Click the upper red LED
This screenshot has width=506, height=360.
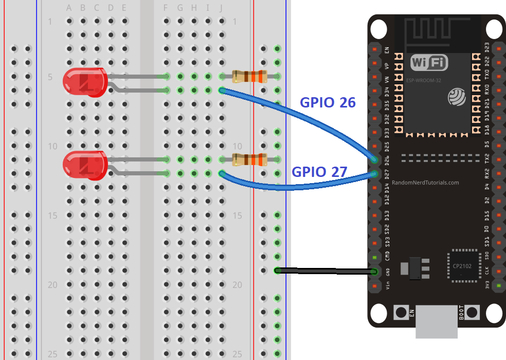pyautogui.click(x=84, y=82)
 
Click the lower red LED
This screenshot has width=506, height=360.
pyautogui.click(x=84, y=165)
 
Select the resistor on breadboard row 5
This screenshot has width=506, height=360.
pyautogui.click(x=249, y=76)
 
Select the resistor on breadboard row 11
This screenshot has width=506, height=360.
pyautogui.click(x=249, y=159)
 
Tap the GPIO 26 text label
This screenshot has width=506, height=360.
pyautogui.click(x=328, y=102)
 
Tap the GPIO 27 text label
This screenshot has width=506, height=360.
pyautogui.click(x=320, y=171)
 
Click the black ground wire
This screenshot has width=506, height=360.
pyautogui.click(x=324, y=270)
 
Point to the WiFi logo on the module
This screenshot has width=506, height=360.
pyautogui.click(x=429, y=63)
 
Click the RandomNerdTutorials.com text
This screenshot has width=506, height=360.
pyautogui.click(x=425, y=183)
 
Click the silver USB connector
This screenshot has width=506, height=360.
pyautogui.click(x=436, y=322)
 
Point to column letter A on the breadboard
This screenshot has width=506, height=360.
pyautogui.click(x=69, y=8)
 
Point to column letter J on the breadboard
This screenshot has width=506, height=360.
pyautogui.click(x=221, y=8)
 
